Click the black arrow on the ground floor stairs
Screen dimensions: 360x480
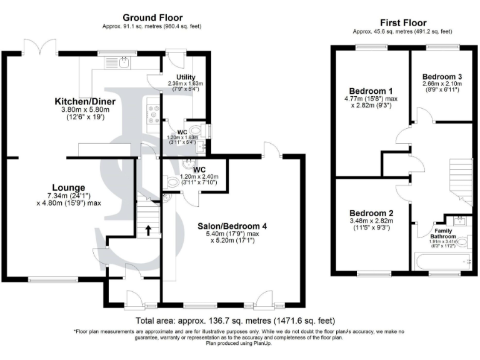click(x=147, y=229)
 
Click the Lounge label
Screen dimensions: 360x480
click(x=69, y=187)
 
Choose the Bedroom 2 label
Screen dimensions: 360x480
click(x=371, y=212)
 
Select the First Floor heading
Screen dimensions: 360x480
click(x=403, y=22)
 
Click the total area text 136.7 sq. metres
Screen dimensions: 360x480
click(x=240, y=321)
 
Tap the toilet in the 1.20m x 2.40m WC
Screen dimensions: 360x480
click(x=174, y=182)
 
